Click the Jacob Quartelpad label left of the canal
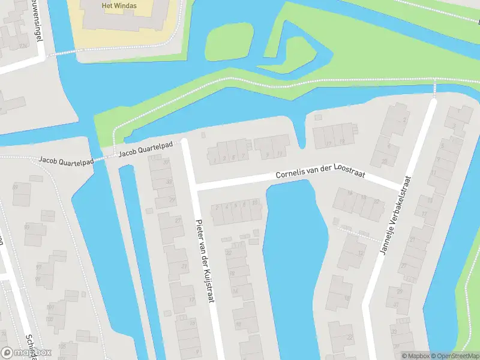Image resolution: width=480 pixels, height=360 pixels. [x=65, y=160]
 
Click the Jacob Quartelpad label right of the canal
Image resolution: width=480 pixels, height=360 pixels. [x=146, y=149]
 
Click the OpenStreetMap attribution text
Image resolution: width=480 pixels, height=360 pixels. [x=454, y=356]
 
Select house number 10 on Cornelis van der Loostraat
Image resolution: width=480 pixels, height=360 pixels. [x=256, y=204]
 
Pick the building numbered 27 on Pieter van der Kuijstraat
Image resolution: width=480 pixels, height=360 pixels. [x=178, y=221]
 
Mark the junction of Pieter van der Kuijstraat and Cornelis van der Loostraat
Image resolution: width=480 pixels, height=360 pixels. [x=193, y=187]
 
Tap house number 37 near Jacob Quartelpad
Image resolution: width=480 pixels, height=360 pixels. [x=166, y=163]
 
